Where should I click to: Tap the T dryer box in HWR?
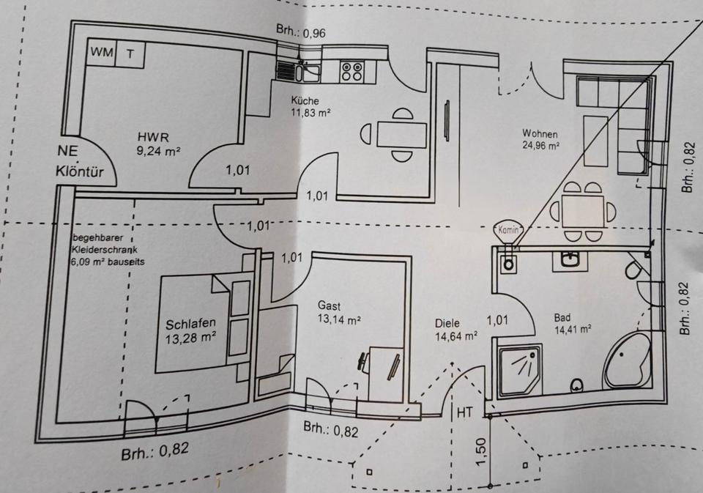pos(130,52)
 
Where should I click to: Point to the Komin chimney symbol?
pos(508,230)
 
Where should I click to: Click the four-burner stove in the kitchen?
pos(351,71)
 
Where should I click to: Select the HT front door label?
pos(464,412)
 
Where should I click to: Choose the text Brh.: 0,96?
pos(301,31)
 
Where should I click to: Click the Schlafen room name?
pos(190,325)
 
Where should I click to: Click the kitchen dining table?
pos(401,134)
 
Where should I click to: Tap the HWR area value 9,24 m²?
pos(159,152)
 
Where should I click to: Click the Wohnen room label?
pos(540,134)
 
